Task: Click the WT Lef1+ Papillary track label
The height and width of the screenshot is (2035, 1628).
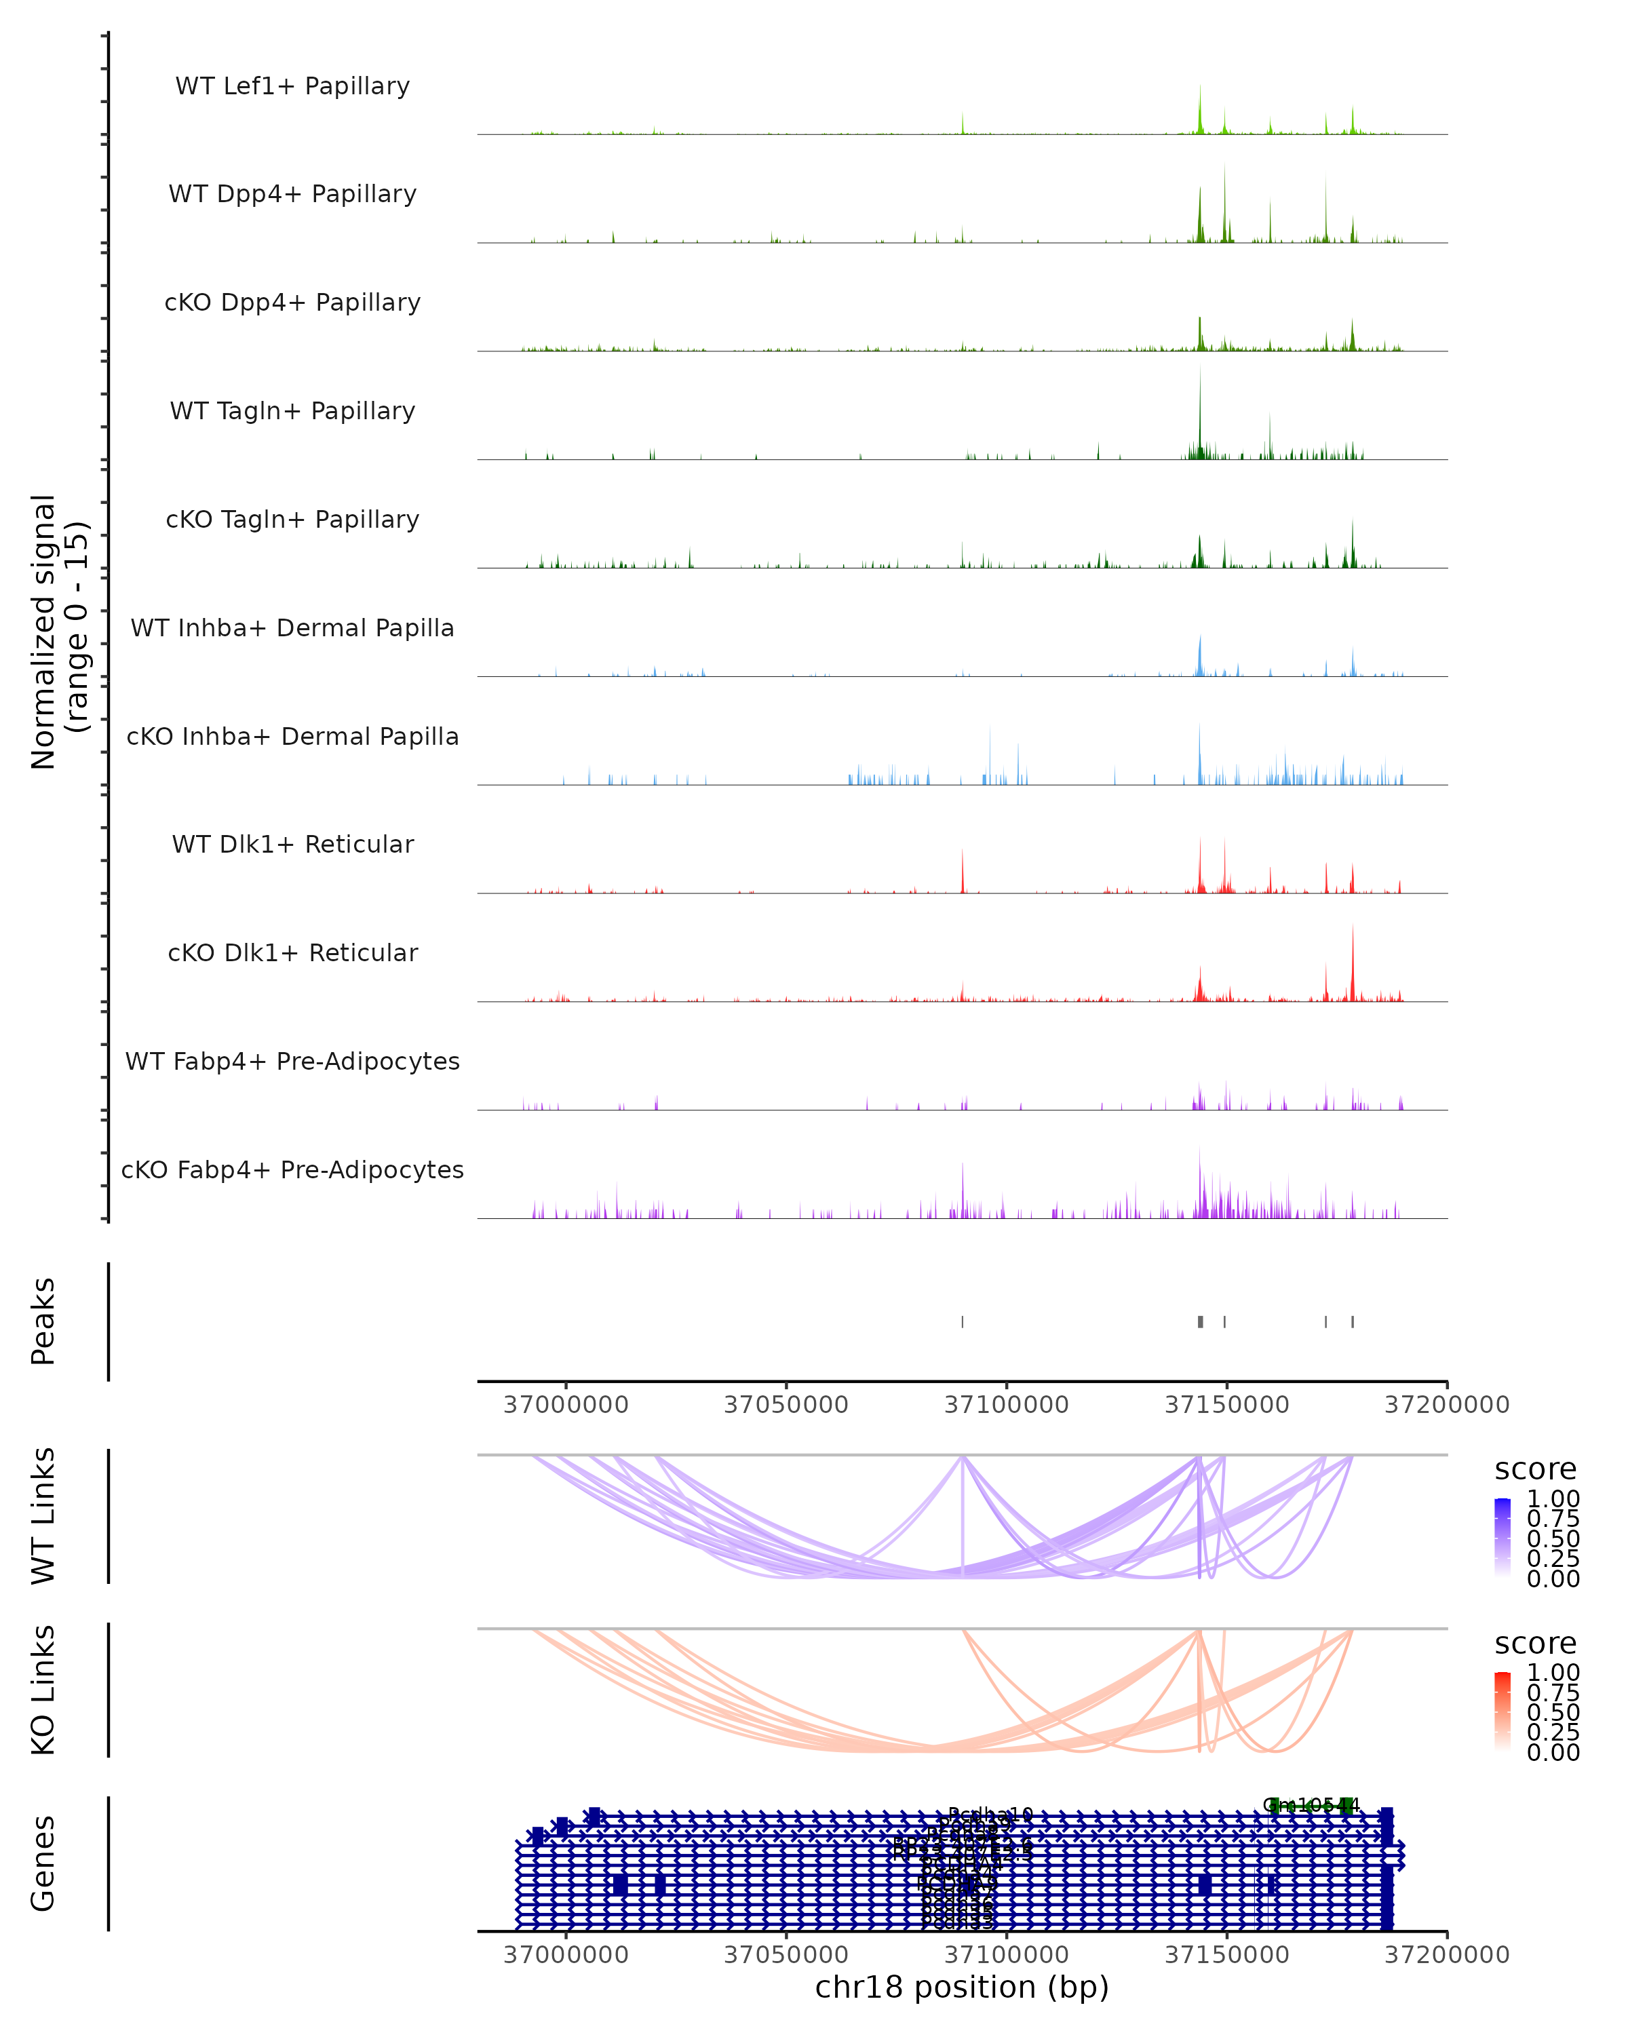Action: point(292,86)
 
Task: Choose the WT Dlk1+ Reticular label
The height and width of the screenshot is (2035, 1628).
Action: point(292,844)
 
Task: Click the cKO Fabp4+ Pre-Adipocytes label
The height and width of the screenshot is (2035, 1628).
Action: point(292,1169)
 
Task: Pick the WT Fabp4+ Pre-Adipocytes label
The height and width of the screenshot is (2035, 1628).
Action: point(292,1061)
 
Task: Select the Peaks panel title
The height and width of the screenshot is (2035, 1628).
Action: point(43,1321)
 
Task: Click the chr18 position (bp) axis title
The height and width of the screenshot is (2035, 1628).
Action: point(962,1987)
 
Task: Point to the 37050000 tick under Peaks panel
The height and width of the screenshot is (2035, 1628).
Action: point(786,1405)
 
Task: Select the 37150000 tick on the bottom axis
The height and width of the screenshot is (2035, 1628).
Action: point(1227,1955)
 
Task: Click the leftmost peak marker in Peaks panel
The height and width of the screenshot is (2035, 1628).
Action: point(963,1321)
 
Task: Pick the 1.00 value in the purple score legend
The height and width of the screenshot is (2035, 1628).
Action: point(1553,1499)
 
